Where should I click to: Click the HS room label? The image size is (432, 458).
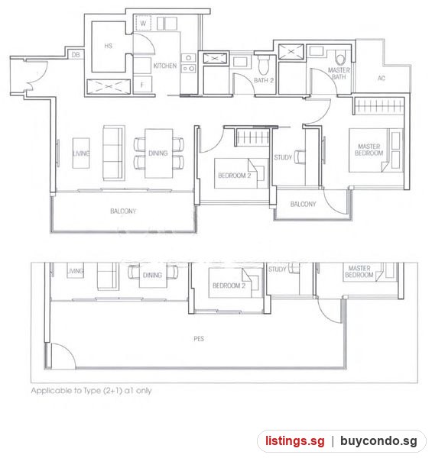click(109, 46)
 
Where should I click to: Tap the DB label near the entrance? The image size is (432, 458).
click(76, 55)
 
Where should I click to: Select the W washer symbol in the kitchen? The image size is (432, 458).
click(143, 23)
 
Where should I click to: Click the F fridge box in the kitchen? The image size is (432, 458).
click(142, 85)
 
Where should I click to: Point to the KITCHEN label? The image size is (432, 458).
click(165, 66)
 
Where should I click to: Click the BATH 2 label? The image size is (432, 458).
click(264, 80)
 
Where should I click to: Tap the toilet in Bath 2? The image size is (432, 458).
click(263, 65)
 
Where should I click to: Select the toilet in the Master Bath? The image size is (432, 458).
click(340, 57)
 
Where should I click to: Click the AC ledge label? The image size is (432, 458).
click(382, 78)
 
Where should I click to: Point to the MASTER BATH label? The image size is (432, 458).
click(339, 73)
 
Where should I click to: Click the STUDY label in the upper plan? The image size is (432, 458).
click(283, 157)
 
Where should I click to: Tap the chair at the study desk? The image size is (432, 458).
click(300, 156)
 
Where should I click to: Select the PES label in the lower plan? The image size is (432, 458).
click(199, 339)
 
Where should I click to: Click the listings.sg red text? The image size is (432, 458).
click(295, 440)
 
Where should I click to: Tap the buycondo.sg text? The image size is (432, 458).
click(378, 440)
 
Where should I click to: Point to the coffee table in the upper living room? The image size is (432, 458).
click(81, 153)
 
